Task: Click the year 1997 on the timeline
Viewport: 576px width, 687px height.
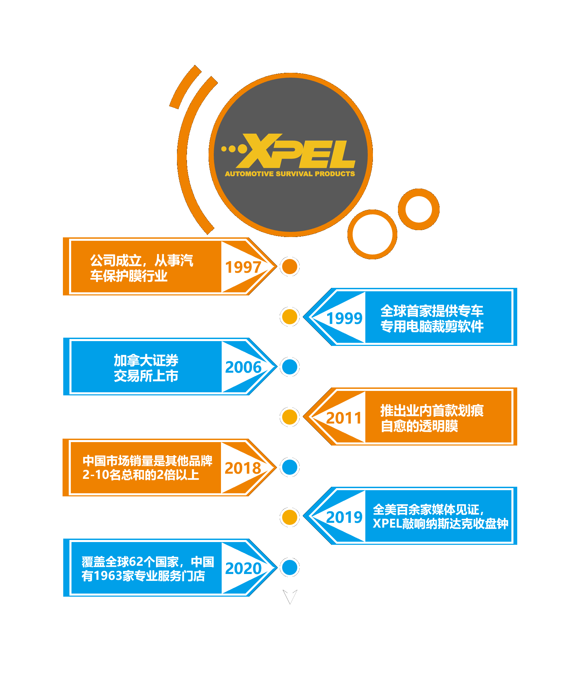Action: (243, 267)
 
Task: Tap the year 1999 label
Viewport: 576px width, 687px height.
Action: (344, 318)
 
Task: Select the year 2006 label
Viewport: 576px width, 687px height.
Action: (243, 367)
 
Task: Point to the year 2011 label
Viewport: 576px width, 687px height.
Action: (344, 418)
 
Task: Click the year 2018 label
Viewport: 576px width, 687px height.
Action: (243, 468)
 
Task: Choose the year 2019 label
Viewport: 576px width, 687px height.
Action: (344, 517)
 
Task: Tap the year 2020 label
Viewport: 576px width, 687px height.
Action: (243, 568)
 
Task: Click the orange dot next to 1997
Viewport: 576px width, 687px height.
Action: (290, 267)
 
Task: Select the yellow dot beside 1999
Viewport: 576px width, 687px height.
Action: (290, 317)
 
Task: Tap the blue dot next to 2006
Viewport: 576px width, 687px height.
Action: (290, 367)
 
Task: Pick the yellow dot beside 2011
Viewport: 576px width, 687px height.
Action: (290, 417)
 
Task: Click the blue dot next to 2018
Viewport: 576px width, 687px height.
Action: (290, 467)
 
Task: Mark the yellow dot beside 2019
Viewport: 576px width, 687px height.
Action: (290, 517)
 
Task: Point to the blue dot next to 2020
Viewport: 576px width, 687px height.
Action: (290, 567)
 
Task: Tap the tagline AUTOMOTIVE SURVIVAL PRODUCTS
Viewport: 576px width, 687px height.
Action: (290, 174)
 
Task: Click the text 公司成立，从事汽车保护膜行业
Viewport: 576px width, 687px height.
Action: (141, 268)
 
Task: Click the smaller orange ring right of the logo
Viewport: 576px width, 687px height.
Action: (419, 209)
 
